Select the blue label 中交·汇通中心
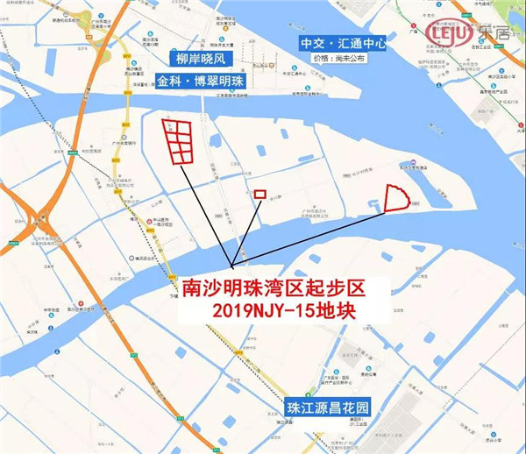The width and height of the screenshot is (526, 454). (343, 41)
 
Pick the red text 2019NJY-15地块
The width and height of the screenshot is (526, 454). (268, 309)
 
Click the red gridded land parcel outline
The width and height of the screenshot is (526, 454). (176, 139)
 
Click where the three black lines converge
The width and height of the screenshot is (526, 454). (232, 266)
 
